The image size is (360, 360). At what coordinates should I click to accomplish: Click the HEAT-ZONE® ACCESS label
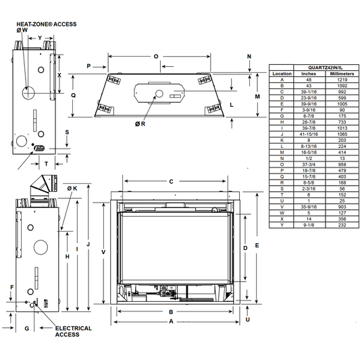coord(47,24)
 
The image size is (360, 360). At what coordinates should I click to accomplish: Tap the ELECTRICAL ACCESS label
coord(73,332)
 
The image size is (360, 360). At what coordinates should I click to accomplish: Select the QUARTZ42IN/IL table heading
coord(325,68)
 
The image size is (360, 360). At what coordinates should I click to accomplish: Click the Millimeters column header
coord(342,74)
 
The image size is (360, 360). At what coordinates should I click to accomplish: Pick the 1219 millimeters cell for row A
coord(342,80)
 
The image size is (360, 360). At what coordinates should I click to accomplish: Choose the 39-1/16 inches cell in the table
coord(309,92)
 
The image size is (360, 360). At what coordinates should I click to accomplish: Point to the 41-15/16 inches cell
coord(309,134)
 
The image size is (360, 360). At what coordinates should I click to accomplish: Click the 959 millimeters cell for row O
coord(342,164)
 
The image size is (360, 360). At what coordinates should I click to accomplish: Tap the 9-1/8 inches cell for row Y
coord(309,225)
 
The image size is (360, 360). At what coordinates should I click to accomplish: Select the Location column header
coord(282,74)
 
